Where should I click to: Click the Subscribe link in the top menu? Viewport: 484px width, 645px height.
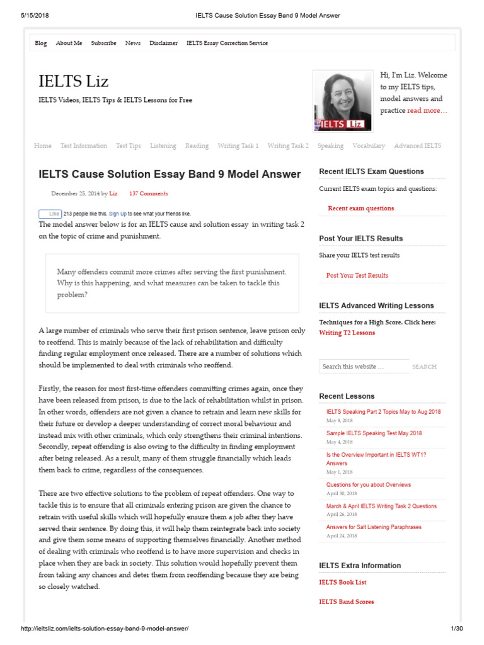tap(103, 43)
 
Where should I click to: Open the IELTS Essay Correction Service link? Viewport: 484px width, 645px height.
tap(227, 43)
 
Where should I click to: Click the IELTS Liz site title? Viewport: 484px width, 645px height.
tap(73, 81)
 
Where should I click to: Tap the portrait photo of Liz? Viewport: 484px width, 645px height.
tap(342, 101)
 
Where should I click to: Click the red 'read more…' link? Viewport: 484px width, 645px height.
tap(427, 111)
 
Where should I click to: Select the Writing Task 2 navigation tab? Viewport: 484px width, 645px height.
tap(288, 146)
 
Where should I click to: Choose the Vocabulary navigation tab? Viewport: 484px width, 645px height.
tap(369, 146)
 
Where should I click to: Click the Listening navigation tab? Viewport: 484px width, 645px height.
tap(163, 146)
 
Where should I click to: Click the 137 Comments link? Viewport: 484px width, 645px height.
tap(148, 194)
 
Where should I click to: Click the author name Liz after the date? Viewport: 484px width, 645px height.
tap(113, 194)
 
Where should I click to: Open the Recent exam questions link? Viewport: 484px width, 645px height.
tap(361, 208)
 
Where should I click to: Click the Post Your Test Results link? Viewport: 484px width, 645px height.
tap(357, 275)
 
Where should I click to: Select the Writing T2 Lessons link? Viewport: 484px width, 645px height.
tap(347, 333)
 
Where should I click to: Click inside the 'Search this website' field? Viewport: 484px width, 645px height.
tap(362, 367)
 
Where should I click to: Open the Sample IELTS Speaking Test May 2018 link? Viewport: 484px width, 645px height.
tap(374, 433)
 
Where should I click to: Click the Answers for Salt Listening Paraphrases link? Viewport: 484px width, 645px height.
tap(374, 527)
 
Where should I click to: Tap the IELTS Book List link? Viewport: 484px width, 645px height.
tap(343, 583)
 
